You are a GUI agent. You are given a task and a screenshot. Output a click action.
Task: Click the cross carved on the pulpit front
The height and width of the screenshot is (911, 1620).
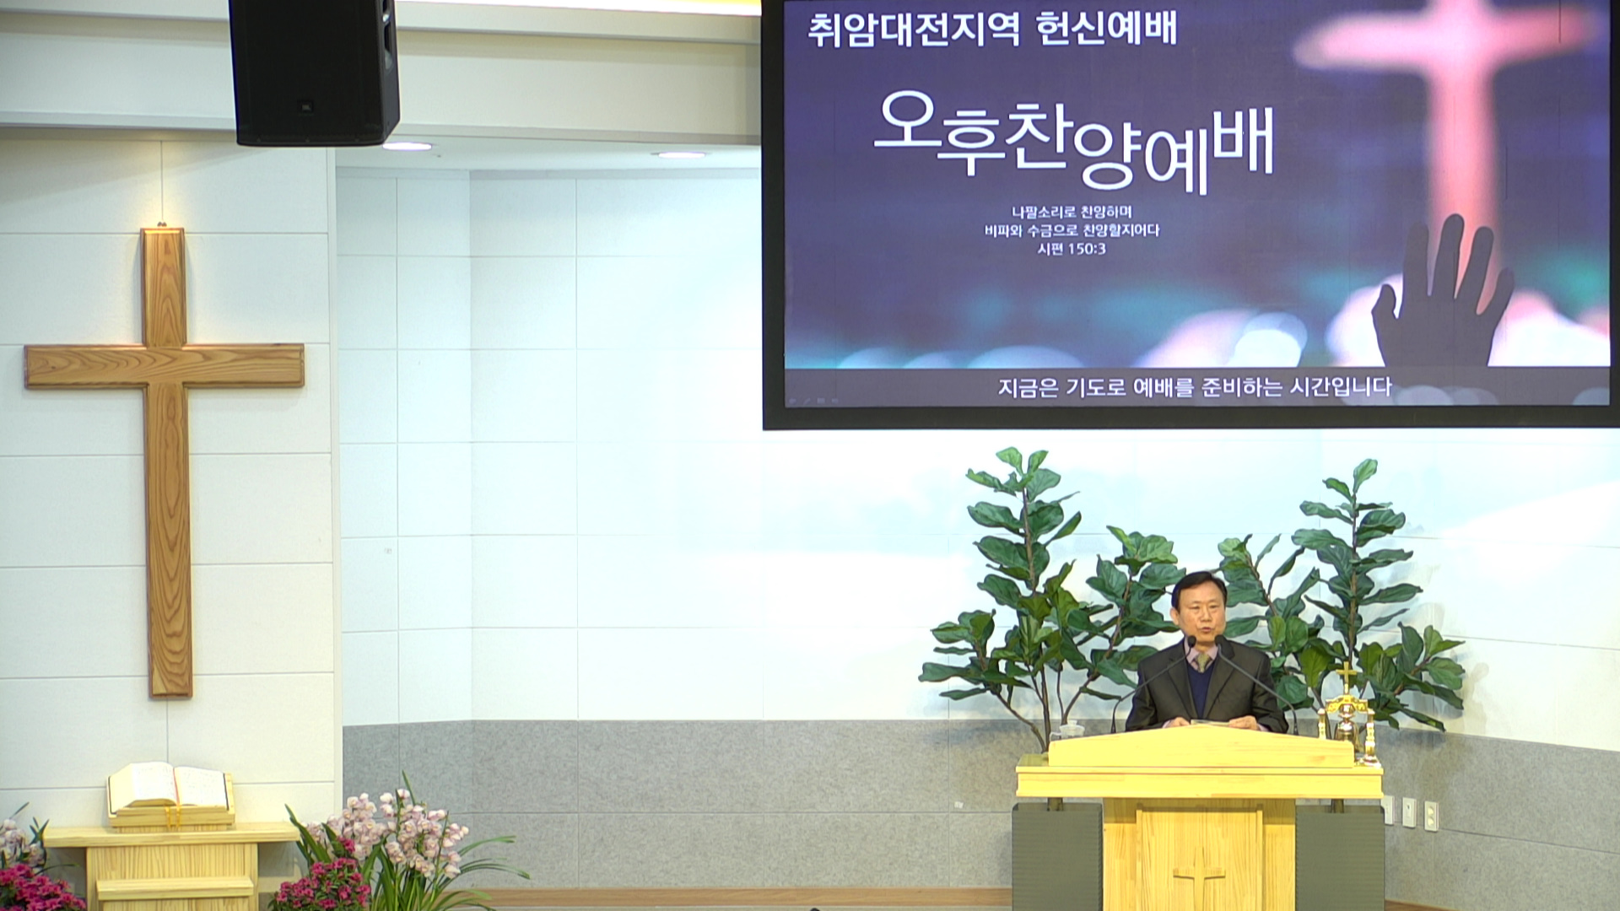point(1198,881)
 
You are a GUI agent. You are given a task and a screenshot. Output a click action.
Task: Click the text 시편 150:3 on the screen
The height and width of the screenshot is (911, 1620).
point(1072,249)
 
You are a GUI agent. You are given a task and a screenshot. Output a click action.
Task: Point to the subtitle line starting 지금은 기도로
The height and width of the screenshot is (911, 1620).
point(1194,387)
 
